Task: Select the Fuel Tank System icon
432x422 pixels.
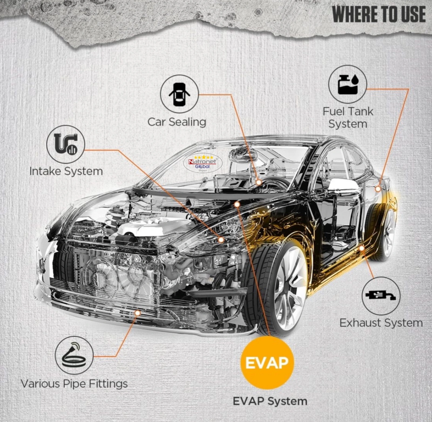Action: [x=347, y=84]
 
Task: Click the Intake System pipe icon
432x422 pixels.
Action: [x=66, y=144]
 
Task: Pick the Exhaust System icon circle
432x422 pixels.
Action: [x=381, y=296]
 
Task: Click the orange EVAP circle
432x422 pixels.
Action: [x=267, y=363]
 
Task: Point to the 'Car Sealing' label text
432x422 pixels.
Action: [x=177, y=122]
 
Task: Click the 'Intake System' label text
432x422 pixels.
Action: [x=66, y=171]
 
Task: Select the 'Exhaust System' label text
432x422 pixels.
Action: [x=381, y=323]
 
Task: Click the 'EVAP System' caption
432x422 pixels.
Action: [x=270, y=401]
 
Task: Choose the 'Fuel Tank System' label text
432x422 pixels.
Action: [x=348, y=118]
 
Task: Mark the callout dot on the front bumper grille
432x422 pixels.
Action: [x=137, y=313]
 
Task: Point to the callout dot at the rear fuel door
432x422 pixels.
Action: [x=378, y=189]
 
